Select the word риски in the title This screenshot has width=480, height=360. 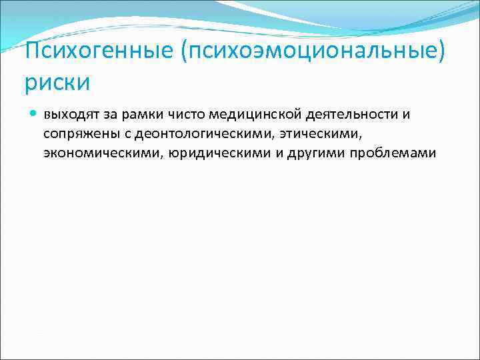pyautogui.click(x=57, y=83)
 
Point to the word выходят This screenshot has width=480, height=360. pyautogui.click(x=69, y=114)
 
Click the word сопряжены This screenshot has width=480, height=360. pyautogui.click(x=75, y=133)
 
